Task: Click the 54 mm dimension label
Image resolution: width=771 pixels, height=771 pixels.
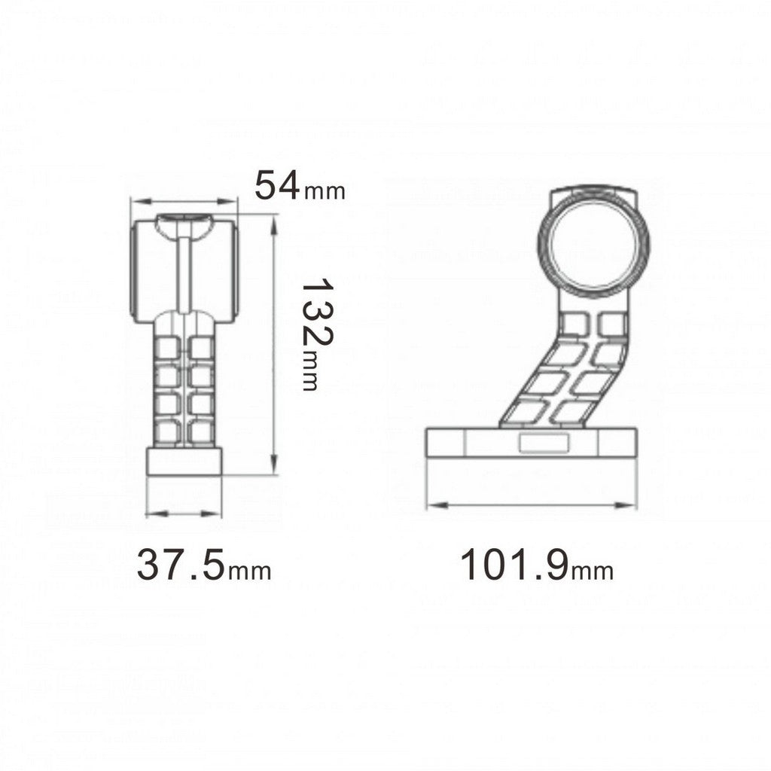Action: (x=299, y=185)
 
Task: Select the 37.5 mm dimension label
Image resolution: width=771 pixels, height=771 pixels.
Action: (x=203, y=565)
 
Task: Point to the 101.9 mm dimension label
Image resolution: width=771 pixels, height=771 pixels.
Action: (x=536, y=565)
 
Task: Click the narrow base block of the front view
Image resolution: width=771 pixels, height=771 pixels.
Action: (x=184, y=462)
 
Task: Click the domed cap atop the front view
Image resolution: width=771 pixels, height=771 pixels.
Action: (x=184, y=224)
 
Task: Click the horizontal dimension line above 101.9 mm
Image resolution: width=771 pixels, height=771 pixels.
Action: (x=532, y=505)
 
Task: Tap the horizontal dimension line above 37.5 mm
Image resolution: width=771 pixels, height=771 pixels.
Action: (x=184, y=513)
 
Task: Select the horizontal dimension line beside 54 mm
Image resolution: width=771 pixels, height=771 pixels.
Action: (x=184, y=201)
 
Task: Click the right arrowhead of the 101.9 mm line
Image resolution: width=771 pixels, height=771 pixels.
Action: (x=629, y=505)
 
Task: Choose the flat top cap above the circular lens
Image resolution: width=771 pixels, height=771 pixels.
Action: (x=593, y=194)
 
